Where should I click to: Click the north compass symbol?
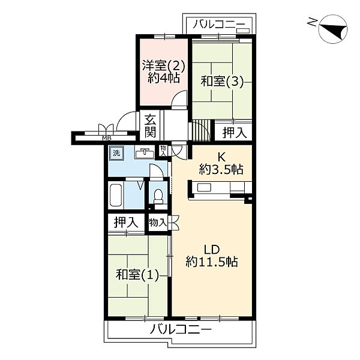click(x=333, y=29)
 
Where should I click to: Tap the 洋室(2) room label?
click(x=164, y=67)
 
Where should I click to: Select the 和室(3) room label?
click(x=222, y=82)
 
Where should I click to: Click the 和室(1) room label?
click(x=137, y=275)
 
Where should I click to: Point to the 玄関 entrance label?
click(x=151, y=126)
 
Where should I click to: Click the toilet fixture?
click(x=158, y=196)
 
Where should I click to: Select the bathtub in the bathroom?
click(x=116, y=195)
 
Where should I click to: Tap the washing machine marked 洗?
click(x=116, y=153)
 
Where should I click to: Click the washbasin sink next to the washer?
click(x=145, y=153)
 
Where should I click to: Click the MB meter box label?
click(x=107, y=138)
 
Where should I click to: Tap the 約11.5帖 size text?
click(x=212, y=262)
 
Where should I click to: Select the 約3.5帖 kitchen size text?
click(x=221, y=169)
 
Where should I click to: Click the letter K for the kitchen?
click(x=221, y=157)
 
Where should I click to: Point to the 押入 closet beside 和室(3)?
click(x=235, y=133)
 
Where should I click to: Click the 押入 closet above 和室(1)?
click(x=126, y=222)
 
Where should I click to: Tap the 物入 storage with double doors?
click(x=157, y=222)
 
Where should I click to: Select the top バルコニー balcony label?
click(x=218, y=24)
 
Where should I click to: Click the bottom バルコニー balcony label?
click(x=180, y=329)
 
